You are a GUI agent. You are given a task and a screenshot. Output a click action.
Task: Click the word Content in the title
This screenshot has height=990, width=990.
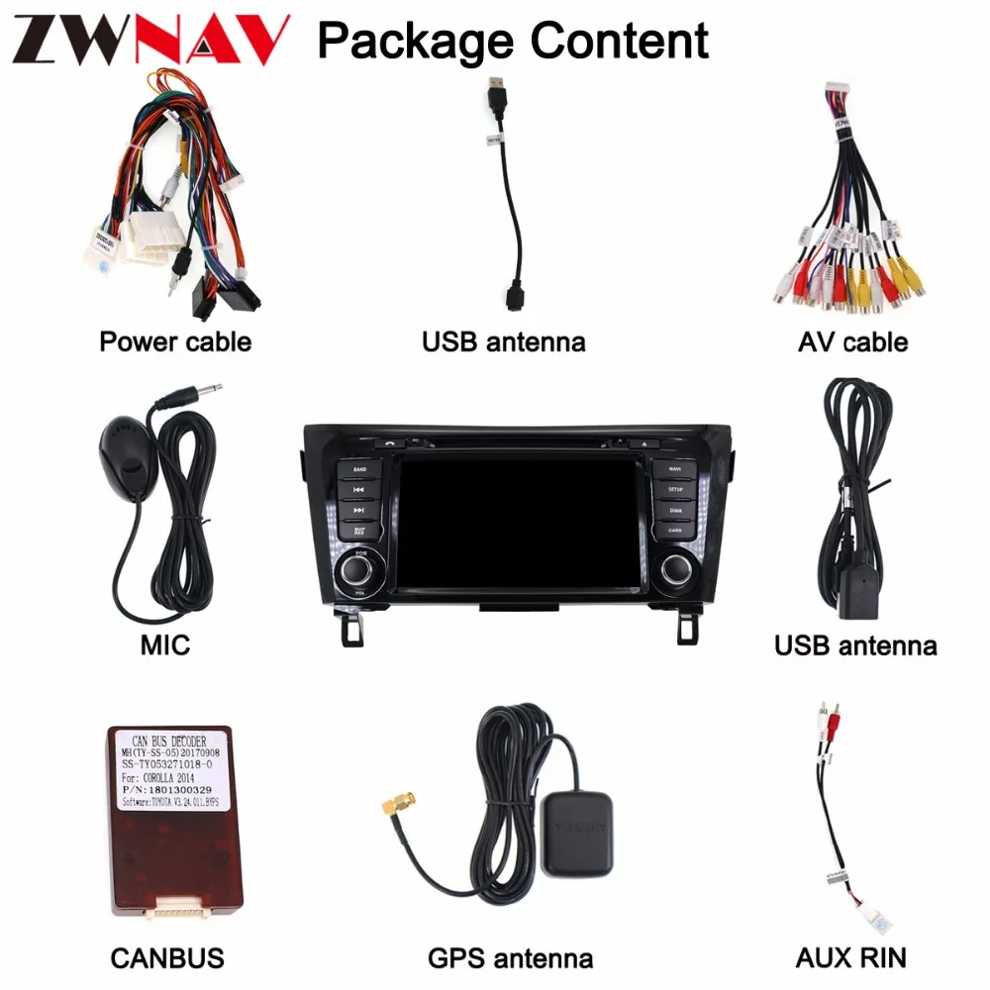(x=620, y=41)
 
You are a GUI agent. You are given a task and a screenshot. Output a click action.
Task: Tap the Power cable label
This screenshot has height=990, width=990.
(x=175, y=343)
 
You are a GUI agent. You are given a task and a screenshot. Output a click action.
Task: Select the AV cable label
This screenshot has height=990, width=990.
(x=852, y=343)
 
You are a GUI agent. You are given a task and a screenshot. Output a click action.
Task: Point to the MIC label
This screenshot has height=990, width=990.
(x=165, y=646)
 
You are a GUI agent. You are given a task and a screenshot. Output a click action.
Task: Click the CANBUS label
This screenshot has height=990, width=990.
(x=167, y=957)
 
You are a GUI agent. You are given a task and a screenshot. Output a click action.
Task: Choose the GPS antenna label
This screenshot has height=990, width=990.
(x=511, y=957)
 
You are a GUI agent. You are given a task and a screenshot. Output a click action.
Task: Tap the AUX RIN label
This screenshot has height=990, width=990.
(x=851, y=957)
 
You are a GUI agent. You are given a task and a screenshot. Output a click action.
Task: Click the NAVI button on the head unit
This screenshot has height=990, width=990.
(x=674, y=468)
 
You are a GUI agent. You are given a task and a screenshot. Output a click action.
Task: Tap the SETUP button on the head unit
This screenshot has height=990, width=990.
(x=674, y=489)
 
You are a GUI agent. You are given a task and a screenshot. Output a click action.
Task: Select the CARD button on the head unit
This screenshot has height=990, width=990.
(x=674, y=531)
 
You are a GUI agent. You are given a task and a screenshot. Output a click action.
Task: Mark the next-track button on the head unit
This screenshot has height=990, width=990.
(x=359, y=510)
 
